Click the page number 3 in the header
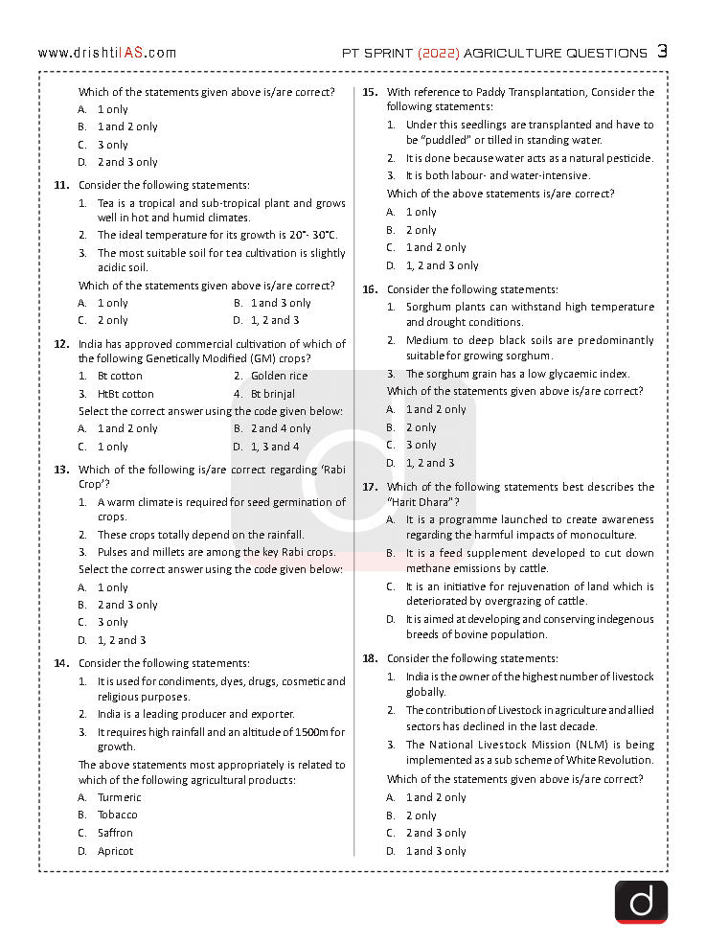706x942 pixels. tap(662, 52)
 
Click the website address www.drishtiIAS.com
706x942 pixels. tap(107, 53)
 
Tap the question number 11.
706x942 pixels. tap(60, 185)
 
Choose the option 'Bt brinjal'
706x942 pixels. tap(273, 394)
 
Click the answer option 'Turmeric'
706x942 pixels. tap(119, 797)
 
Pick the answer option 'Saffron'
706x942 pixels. tap(115, 833)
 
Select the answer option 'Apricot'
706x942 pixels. tap(115, 851)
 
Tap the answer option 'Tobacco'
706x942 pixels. tap(117, 815)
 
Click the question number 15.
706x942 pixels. tap(369, 92)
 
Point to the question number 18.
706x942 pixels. tap(369, 658)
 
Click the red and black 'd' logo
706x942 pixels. tap(641, 902)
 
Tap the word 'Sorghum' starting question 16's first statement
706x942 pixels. tap(427, 307)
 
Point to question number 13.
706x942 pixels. tap(60, 470)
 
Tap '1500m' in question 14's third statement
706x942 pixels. tap(309, 732)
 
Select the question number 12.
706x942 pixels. tap(60, 344)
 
